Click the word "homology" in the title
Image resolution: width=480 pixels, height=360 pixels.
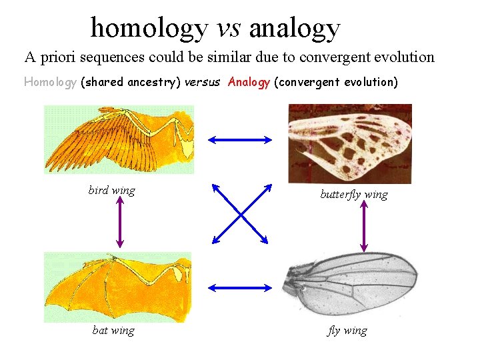(x=149, y=29)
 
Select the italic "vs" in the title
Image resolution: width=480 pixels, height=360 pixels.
(x=228, y=29)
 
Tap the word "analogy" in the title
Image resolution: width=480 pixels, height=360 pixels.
(x=294, y=29)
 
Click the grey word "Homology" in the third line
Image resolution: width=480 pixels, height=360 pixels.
(x=50, y=82)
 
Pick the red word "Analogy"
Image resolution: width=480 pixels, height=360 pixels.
(x=249, y=82)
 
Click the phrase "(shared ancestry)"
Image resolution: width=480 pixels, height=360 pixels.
(x=130, y=82)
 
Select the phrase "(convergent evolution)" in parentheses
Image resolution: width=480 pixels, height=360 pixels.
(x=335, y=82)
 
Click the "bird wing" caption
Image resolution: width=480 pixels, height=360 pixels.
(x=111, y=191)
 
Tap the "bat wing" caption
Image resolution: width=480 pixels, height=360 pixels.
(x=113, y=331)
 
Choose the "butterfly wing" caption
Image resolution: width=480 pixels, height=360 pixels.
(x=353, y=195)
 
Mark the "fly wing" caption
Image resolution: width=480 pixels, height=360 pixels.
(x=347, y=331)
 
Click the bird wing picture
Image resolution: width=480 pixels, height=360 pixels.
(x=119, y=139)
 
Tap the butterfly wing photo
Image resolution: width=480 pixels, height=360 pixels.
(x=349, y=143)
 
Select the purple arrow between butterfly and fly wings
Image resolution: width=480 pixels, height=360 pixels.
(x=363, y=227)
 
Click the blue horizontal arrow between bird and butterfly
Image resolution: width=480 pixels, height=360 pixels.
(x=240, y=139)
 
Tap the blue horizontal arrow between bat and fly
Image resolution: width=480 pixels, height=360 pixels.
(x=240, y=287)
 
